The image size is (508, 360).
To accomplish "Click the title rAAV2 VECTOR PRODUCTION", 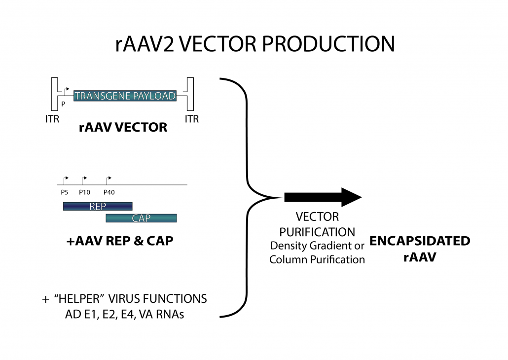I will (254, 44).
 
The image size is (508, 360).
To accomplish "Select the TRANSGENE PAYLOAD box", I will (125, 96).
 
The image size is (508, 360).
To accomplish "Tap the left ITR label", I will (52, 118).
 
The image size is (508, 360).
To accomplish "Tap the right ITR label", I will (191, 118).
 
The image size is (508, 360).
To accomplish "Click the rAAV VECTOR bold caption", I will (123, 128).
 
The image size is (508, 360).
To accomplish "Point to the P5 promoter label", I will (64, 193).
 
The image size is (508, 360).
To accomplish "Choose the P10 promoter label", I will (84, 193).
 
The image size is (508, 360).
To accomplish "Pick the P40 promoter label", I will (109, 193).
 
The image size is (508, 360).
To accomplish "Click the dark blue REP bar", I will (97, 206).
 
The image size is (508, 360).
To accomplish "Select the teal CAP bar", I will (141, 218).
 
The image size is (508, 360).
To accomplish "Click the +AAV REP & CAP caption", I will (120, 242).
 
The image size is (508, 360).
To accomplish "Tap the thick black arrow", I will (323, 197).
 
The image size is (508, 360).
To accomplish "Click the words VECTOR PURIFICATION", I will (317, 224).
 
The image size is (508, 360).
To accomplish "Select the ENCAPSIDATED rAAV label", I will (419, 249).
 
